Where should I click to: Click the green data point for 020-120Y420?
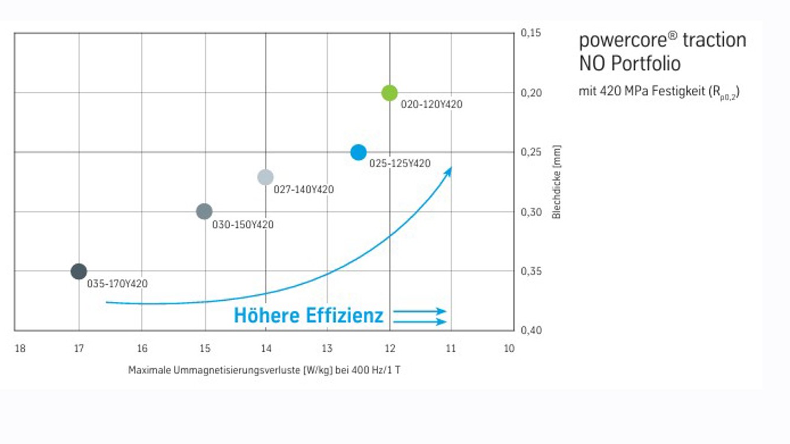pyautogui.click(x=389, y=93)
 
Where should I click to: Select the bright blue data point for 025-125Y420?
pyautogui.click(x=359, y=152)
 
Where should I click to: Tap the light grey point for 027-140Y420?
pyautogui.click(x=266, y=177)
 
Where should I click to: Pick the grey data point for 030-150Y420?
pyautogui.click(x=204, y=211)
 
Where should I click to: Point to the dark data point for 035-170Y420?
pyautogui.click(x=79, y=272)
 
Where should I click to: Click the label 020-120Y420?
pyautogui.click(x=431, y=105)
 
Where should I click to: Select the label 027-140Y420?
pyautogui.click(x=304, y=190)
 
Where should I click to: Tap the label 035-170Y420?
pyautogui.click(x=117, y=284)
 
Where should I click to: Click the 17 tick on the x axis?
pyautogui.click(x=79, y=349)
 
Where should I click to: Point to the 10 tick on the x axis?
pyautogui.click(x=509, y=349)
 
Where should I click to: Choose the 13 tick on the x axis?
pyautogui.click(x=327, y=349)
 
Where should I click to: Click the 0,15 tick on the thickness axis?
pyautogui.click(x=531, y=33)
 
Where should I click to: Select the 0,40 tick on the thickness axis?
pyautogui.click(x=531, y=330)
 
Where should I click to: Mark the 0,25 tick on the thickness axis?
pyautogui.click(x=531, y=152)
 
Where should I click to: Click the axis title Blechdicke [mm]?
pyautogui.click(x=556, y=182)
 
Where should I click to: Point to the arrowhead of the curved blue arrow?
pyautogui.click(x=449, y=170)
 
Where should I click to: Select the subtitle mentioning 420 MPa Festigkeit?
pyautogui.click(x=659, y=92)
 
